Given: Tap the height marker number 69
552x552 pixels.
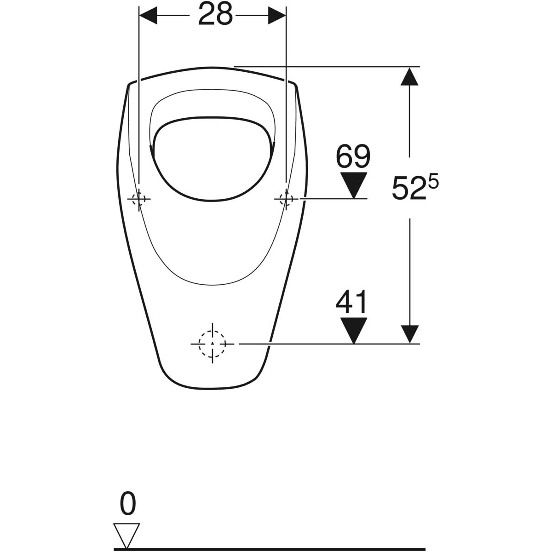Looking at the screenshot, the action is point(353,156).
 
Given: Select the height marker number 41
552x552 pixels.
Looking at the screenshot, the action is point(351,302).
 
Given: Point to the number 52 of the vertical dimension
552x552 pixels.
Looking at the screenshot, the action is point(406,188).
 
